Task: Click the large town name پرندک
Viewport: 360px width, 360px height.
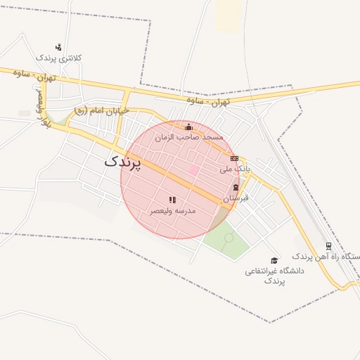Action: pyautogui.click(x=122, y=161)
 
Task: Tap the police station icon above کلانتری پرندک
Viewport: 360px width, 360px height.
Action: pyautogui.click(x=58, y=47)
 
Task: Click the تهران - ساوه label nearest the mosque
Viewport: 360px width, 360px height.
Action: pyautogui.click(x=208, y=102)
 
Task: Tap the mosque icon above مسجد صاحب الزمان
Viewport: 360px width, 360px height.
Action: pyautogui.click(x=188, y=127)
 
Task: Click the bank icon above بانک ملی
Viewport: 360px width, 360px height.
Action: pyautogui.click(x=234, y=159)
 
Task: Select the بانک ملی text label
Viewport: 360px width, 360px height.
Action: pyautogui.click(x=234, y=169)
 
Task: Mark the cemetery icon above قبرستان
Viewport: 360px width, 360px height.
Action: pyautogui.click(x=236, y=188)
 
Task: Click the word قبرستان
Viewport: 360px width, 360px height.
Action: pyautogui.click(x=236, y=199)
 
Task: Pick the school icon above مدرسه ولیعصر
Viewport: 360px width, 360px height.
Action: pyautogui.click(x=172, y=200)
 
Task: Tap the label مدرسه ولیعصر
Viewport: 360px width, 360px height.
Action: pyautogui.click(x=172, y=211)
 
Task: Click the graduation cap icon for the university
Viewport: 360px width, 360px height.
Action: pyautogui.click(x=274, y=260)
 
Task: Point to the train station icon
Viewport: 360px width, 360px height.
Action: pyautogui.click(x=328, y=246)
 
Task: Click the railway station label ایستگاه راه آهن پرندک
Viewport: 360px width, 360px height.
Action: pyautogui.click(x=326, y=257)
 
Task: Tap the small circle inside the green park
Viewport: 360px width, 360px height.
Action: pyautogui.click(x=229, y=238)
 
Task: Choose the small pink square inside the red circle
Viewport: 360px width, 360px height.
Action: pyautogui.click(x=193, y=169)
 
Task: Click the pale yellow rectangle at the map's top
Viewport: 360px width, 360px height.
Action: pyautogui.click(x=229, y=14)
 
